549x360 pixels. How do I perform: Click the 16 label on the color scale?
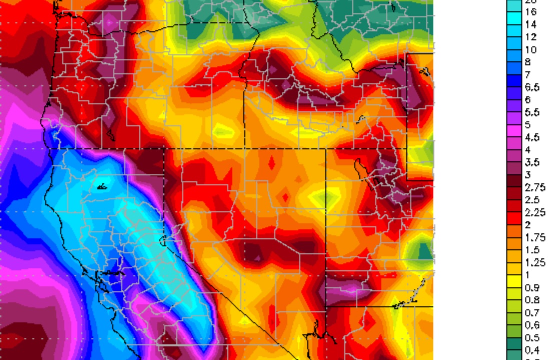tap(531, 12)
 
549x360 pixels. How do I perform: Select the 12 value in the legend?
tap(531, 37)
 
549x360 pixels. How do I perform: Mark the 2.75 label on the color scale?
tap(534, 187)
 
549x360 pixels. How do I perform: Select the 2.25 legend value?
tap(534, 212)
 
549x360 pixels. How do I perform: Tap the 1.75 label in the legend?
tap(534, 237)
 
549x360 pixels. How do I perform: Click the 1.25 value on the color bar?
tap(534, 262)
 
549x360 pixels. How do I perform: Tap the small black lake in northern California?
tap(102, 187)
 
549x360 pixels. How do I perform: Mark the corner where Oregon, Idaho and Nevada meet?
tap(165, 148)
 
